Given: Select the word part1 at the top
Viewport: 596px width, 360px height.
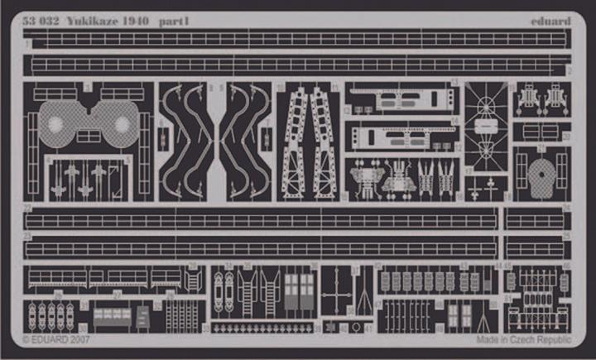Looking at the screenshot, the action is coord(176,21).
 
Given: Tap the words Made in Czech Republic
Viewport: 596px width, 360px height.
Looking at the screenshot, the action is coord(523,339).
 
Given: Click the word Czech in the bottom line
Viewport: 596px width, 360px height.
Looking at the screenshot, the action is coord(523,339).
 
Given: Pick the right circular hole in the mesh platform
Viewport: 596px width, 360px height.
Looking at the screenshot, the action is coord(122,125).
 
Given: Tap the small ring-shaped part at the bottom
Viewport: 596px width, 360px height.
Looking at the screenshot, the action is coord(356,328).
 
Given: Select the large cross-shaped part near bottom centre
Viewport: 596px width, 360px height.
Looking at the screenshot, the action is coord(334,294).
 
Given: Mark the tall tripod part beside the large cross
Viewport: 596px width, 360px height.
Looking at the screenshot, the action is coord(363,294).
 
